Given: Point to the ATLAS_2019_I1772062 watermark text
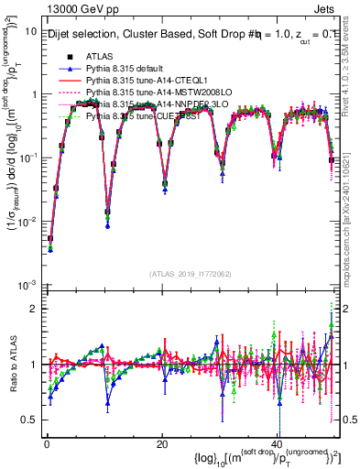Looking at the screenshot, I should click(x=191, y=273).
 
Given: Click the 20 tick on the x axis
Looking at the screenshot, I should click(x=161, y=442).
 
